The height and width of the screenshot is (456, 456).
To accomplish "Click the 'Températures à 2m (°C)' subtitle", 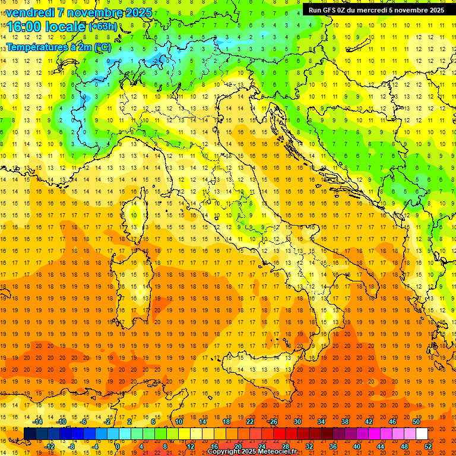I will point(58,47).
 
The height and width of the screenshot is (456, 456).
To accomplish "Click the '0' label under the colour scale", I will point(118,446).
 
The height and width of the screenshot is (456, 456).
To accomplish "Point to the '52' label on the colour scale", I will point(429,446).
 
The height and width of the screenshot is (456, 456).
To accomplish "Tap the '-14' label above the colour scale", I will point(37,422).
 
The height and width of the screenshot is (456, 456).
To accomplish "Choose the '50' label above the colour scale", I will point(416,422).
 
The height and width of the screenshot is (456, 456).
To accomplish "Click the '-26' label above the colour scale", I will point(273,422).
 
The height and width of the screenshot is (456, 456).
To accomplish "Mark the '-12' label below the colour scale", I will point(50,446).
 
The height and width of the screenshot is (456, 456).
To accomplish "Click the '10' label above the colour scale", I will point(178,422).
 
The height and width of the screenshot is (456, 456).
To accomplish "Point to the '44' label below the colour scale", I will point(381,446).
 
